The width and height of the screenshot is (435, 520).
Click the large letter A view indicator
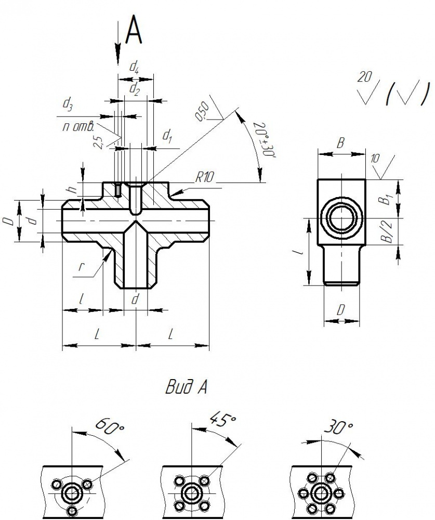(x=134, y=30)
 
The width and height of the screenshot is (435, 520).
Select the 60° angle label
(x=110, y=426)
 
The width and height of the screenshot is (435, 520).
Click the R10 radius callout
(x=204, y=178)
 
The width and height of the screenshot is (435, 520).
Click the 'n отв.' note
(x=78, y=126)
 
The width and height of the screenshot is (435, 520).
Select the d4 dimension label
(x=134, y=68)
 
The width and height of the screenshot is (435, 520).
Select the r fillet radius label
(x=80, y=266)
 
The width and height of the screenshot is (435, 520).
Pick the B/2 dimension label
(x=387, y=231)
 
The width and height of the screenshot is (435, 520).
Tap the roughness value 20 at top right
(x=364, y=77)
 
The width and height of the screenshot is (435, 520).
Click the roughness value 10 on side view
(x=374, y=159)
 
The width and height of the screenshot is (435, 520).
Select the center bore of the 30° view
(x=320, y=493)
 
